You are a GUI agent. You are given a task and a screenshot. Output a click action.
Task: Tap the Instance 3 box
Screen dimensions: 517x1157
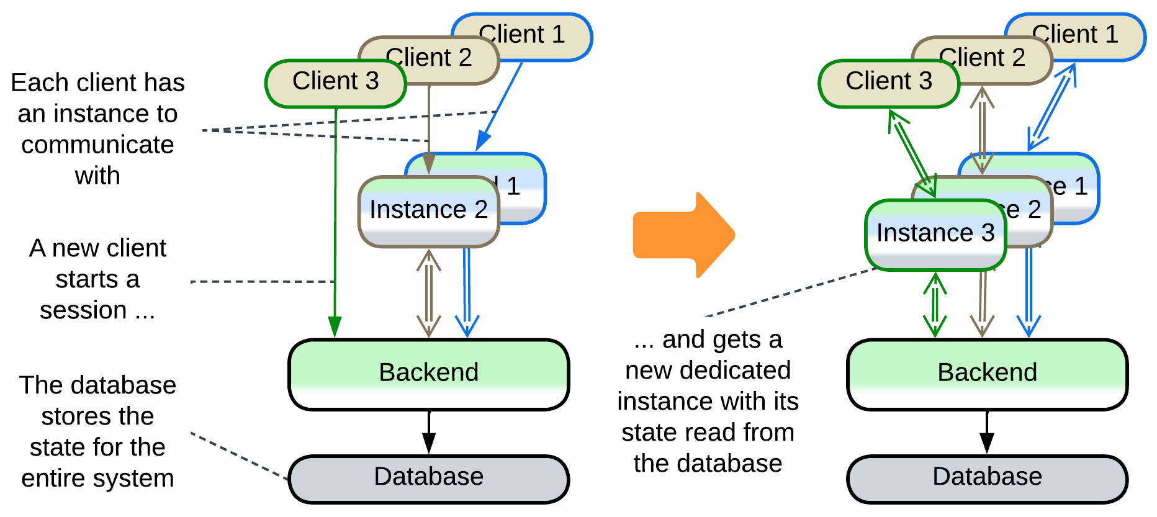[x=935, y=234]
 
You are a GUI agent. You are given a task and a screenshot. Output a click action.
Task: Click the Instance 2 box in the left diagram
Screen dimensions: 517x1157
[x=428, y=211]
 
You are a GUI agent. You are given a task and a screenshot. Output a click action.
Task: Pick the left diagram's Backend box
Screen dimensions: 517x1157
[x=428, y=374]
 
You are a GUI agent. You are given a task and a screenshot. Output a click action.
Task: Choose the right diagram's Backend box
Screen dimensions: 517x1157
[x=987, y=374]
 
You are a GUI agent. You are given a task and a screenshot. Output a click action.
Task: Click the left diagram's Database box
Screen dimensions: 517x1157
[x=428, y=478]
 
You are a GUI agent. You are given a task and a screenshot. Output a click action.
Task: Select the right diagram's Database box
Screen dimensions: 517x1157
[x=987, y=478]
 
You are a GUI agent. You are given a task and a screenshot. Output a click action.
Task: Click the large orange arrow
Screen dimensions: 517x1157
[x=683, y=235]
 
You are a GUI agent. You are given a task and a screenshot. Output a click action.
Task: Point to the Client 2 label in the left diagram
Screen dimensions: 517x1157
[x=429, y=58]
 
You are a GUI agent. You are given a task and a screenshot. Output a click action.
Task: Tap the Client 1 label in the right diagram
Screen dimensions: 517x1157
[x=1075, y=34]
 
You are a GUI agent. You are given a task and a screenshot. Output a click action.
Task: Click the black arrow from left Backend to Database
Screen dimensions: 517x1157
[x=428, y=433]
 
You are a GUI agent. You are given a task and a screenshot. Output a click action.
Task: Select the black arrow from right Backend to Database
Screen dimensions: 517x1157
[x=987, y=433]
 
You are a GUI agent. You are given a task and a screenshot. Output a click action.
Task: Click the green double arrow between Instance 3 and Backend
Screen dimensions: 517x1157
[x=935, y=305]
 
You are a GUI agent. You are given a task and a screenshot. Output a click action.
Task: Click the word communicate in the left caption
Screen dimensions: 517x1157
[x=97, y=145]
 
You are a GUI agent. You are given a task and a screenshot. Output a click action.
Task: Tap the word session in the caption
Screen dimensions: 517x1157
[x=83, y=310]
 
